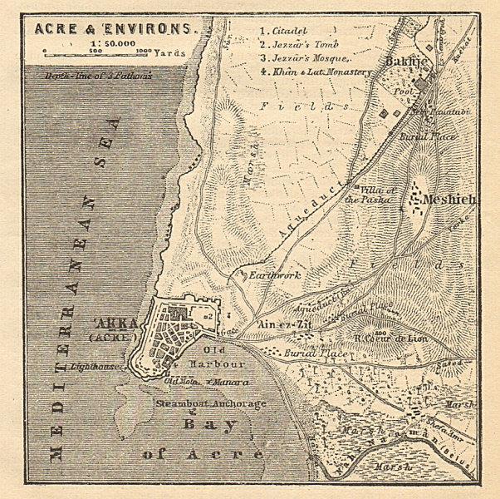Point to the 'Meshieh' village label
click(x=448, y=200)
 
